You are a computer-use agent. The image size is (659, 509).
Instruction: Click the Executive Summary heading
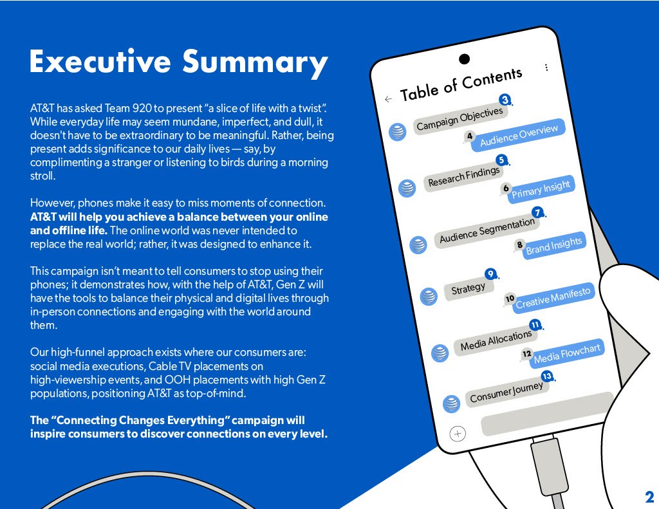pyautogui.click(x=178, y=62)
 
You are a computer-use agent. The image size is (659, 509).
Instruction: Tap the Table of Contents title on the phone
pyautogui.click(x=461, y=85)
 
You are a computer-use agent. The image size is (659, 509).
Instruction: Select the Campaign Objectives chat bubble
pyautogui.click(x=459, y=119)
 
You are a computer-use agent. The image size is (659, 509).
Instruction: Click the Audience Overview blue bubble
pyautogui.click(x=519, y=136)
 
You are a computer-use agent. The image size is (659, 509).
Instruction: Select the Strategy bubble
pyautogui.click(x=469, y=289)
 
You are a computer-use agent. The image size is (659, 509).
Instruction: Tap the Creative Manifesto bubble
pyautogui.click(x=553, y=299)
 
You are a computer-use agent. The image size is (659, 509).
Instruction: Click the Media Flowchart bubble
pyautogui.click(x=567, y=353)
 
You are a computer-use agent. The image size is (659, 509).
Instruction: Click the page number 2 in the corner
pyautogui.click(x=649, y=496)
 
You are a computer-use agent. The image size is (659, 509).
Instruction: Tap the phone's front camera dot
pyautogui.click(x=464, y=59)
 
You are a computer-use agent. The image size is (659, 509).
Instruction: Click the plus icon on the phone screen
pyautogui.click(x=458, y=434)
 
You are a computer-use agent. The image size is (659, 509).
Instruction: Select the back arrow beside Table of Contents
pyautogui.click(x=388, y=99)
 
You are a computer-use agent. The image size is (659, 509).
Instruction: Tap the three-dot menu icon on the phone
pyautogui.click(x=546, y=68)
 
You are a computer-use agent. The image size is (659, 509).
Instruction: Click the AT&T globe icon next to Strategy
pyautogui.click(x=428, y=296)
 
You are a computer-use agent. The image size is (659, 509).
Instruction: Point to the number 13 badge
pyautogui.click(x=547, y=376)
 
